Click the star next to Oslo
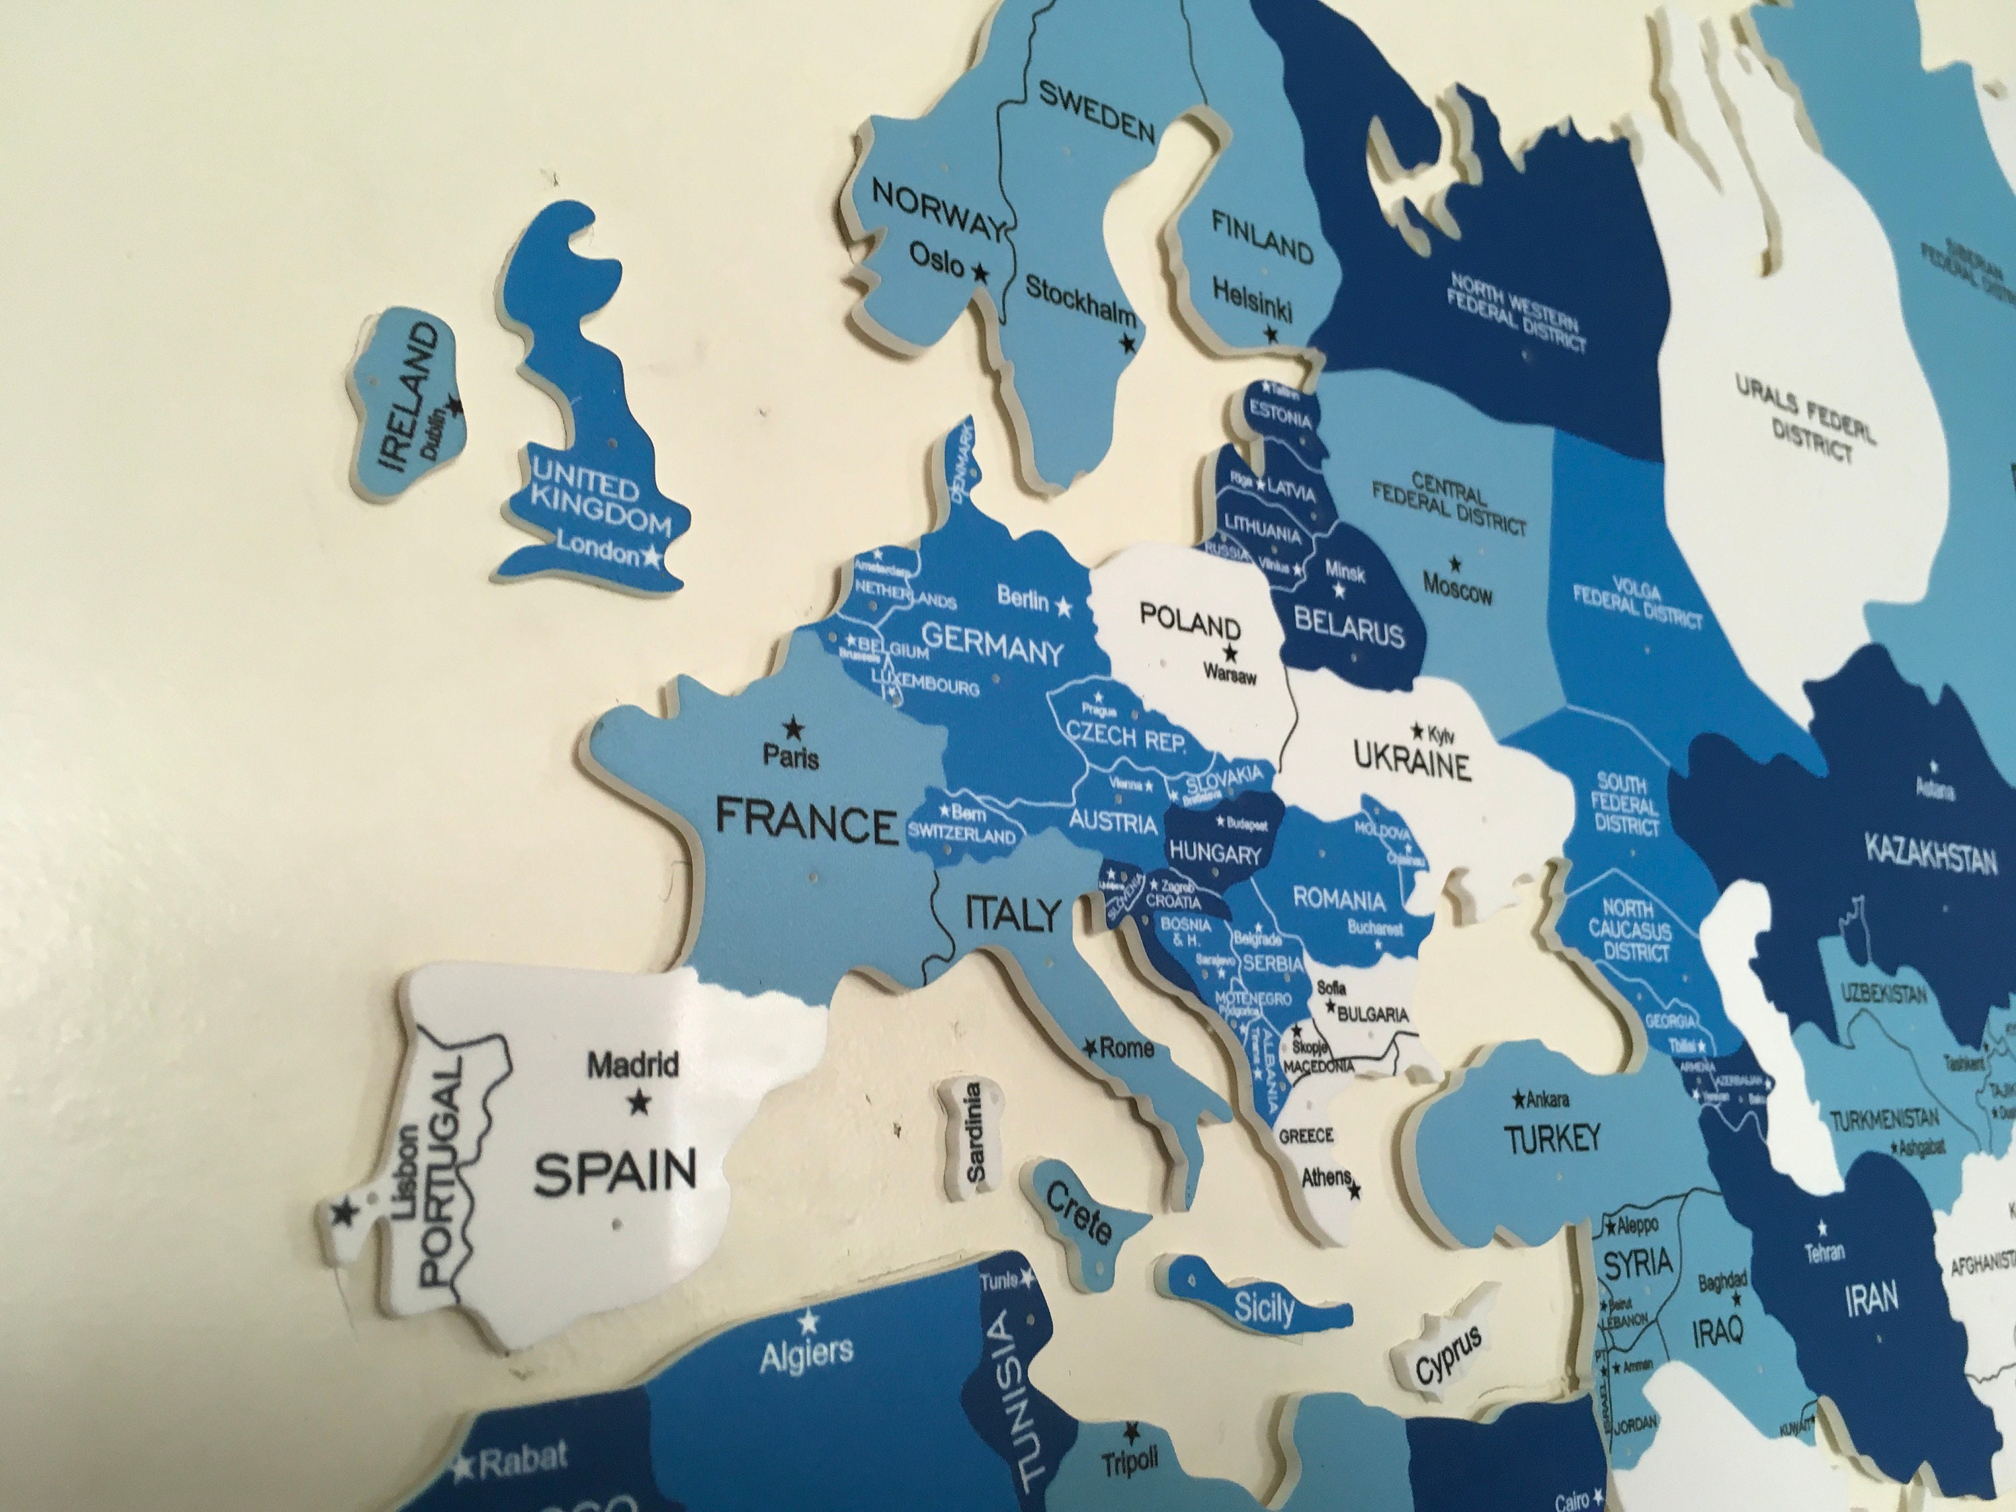click(x=980, y=271)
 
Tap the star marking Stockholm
click(x=1128, y=343)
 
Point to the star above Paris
click(x=793, y=727)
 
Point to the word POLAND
click(x=1190, y=626)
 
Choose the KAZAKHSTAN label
click(x=1931, y=856)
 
